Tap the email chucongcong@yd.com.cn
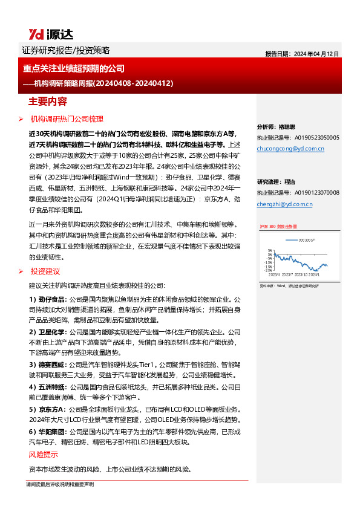(x=290, y=148)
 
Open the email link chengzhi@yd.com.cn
(x=284, y=204)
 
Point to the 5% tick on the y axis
(x=269, y=250)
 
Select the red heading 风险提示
(x=44, y=455)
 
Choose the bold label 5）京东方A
(x=48, y=409)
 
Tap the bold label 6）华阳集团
(x=48, y=433)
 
